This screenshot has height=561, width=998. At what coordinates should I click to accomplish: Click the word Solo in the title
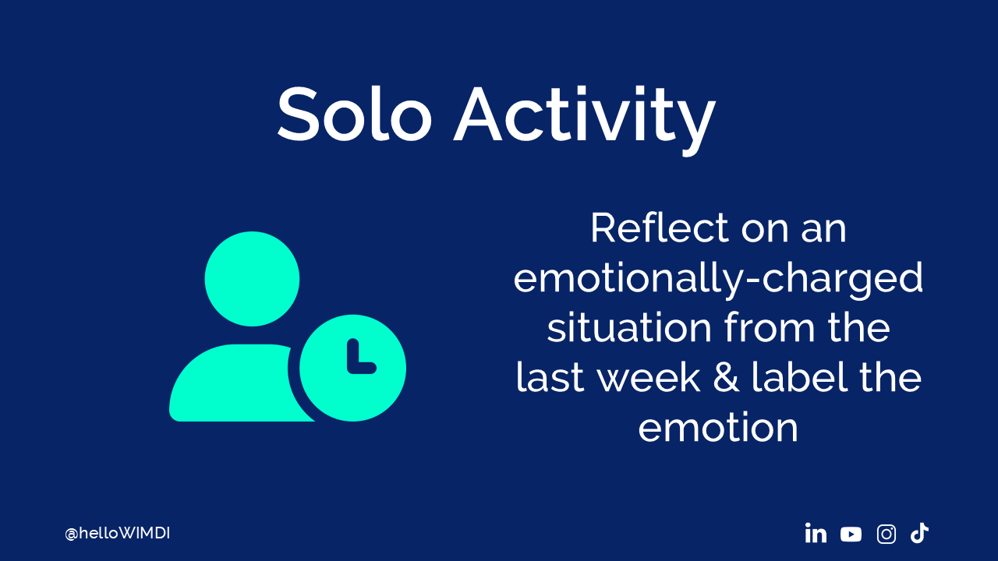point(355,114)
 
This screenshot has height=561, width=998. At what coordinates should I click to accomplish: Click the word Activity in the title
point(585,120)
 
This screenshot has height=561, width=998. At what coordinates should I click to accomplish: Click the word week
point(648,377)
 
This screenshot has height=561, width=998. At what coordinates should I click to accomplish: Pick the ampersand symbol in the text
point(726,378)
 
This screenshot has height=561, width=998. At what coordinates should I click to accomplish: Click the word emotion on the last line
point(718,428)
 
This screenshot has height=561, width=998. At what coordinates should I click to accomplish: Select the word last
point(550,377)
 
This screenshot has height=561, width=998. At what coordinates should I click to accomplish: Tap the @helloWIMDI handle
point(117,534)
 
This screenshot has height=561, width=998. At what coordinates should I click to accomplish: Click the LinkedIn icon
point(816,534)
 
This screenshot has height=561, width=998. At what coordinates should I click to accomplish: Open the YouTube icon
point(851,535)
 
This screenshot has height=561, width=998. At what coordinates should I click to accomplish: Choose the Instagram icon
point(887,535)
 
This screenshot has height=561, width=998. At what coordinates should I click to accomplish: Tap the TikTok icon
point(919,533)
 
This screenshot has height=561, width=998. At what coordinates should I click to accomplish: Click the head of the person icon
point(252,279)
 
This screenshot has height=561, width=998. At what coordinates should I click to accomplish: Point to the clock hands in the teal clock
point(359,358)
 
